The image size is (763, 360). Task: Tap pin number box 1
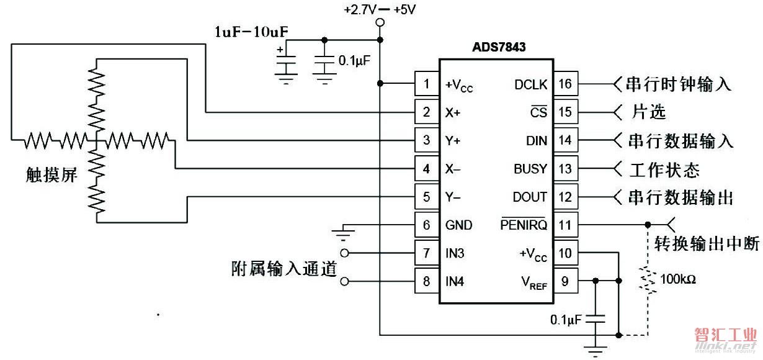click(x=426, y=84)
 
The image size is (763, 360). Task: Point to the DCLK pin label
click(x=531, y=84)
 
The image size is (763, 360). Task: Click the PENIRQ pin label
click(x=524, y=225)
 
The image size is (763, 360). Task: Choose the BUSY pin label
click(x=530, y=169)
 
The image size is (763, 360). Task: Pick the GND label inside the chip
click(x=459, y=225)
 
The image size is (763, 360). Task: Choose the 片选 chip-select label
click(x=648, y=112)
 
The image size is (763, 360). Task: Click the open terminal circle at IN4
click(x=345, y=282)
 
